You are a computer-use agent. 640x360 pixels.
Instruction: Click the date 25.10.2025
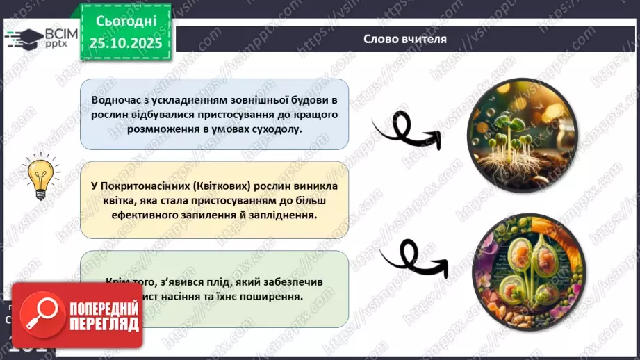(126, 43)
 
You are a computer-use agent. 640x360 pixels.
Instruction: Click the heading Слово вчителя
(405, 39)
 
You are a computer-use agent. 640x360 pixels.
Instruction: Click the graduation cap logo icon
(23, 38)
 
